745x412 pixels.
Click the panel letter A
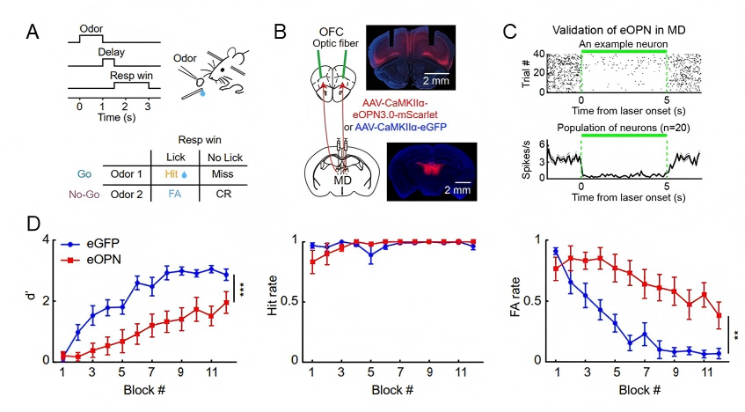tap(33, 32)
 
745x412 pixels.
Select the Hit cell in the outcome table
tap(175, 174)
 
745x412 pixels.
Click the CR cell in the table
tap(223, 194)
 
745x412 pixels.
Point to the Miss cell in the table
tap(223, 174)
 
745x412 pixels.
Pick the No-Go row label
tap(84, 194)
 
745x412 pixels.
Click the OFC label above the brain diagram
tap(332, 32)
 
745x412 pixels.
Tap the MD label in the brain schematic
tap(341, 180)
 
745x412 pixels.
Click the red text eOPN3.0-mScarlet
tap(395, 114)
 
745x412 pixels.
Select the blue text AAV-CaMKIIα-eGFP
tap(400, 127)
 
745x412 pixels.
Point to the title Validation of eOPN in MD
tap(618, 30)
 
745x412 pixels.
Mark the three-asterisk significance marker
tap(242, 290)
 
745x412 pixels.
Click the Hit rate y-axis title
tap(273, 295)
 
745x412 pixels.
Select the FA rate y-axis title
tap(517, 297)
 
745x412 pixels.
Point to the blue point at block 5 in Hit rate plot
tap(371, 255)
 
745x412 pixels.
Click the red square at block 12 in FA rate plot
tap(719, 315)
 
